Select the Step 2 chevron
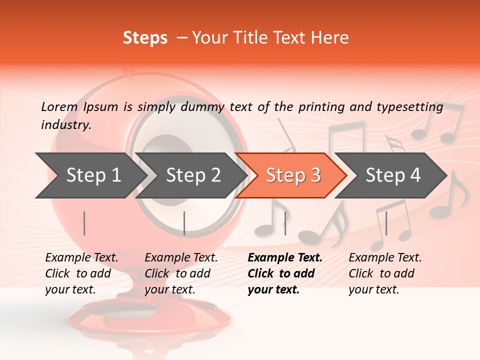pyautogui.click(x=192, y=175)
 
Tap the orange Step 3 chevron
pyautogui.click(x=292, y=175)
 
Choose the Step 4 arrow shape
pyautogui.click(x=392, y=175)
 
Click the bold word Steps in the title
pyautogui.click(x=145, y=38)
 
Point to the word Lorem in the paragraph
pyautogui.click(x=59, y=107)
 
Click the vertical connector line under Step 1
pyautogui.click(x=84, y=223)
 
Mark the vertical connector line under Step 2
pyautogui.click(x=184, y=223)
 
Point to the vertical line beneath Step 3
pyautogui.click(x=285, y=223)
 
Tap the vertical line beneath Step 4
pyautogui.click(x=385, y=223)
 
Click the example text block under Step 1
pyautogui.click(x=81, y=273)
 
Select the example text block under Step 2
pyautogui.click(x=180, y=273)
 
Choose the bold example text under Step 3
pyautogui.click(x=284, y=273)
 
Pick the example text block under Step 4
pyautogui.click(x=384, y=273)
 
